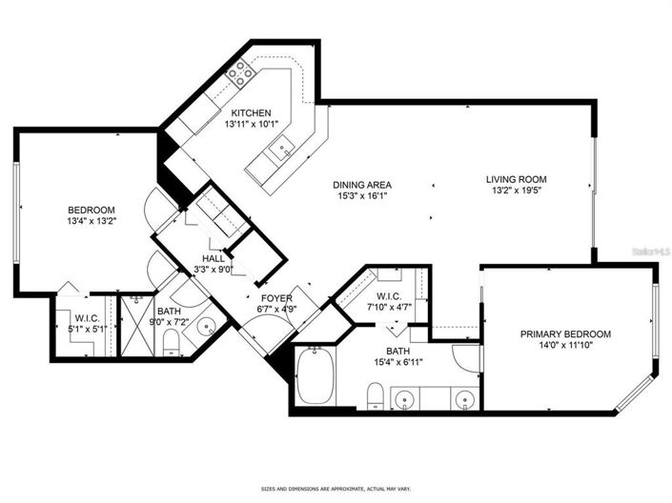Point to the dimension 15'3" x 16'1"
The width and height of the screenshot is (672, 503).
click(362, 196)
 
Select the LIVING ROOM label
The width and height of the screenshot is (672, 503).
click(516, 178)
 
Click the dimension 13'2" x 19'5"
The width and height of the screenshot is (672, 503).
click(516, 190)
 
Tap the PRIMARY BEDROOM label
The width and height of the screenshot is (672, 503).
click(565, 334)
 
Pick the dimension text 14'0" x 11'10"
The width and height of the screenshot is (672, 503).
click(565, 346)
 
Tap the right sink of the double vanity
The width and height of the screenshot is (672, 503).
click(464, 397)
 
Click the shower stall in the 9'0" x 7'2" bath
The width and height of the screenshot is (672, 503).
click(132, 326)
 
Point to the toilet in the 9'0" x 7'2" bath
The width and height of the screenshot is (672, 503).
click(173, 340)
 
